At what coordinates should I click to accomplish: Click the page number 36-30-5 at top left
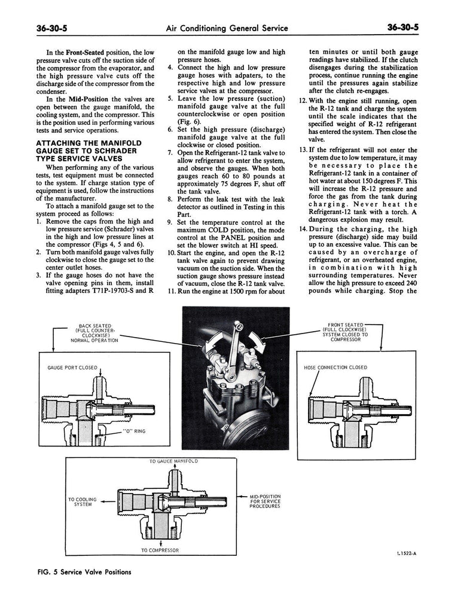40,28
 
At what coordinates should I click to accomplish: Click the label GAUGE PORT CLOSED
72,368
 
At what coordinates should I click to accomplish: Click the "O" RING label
134,430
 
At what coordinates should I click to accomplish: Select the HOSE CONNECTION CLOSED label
335,368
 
